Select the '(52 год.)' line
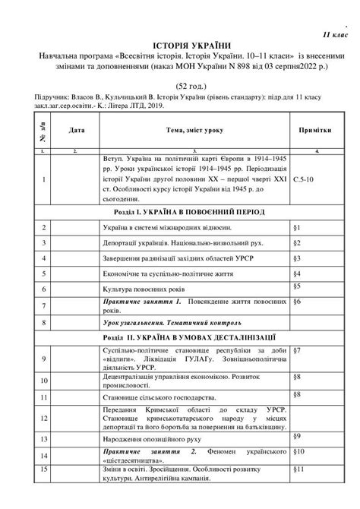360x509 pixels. pyautogui.click(x=179, y=86)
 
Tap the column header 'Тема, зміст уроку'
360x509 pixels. pyautogui.click(x=195, y=131)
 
